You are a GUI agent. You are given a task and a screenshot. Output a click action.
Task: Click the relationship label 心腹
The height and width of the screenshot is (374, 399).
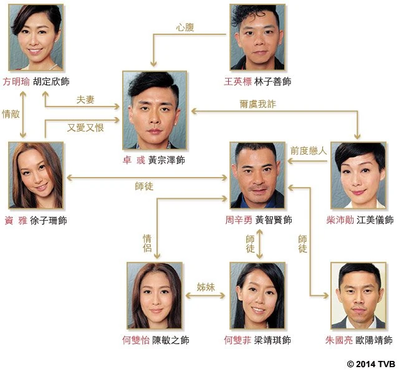pyautogui.click(x=185, y=27)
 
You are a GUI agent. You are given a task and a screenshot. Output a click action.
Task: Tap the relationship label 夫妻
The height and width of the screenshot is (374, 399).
pyautogui.click(x=85, y=100)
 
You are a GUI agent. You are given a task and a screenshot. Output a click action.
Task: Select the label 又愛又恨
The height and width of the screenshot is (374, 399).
pyautogui.click(x=85, y=127)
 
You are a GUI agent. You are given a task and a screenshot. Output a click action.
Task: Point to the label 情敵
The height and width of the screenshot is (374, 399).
pyautogui.click(x=11, y=113)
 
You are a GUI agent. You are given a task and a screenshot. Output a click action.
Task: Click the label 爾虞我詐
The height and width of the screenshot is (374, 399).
pyautogui.click(x=257, y=104)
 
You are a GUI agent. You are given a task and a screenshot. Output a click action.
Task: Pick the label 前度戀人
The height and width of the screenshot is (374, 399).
pyautogui.click(x=309, y=151)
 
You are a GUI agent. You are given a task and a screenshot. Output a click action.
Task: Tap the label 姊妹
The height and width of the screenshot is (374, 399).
pyautogui.click(x=206, y=287)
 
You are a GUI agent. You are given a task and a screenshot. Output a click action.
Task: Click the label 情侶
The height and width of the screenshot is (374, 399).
pyautogui.click(x=147, y=243)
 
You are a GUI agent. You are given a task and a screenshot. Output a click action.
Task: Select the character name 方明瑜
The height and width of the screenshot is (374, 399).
pyautogui.click(x=16, y=82)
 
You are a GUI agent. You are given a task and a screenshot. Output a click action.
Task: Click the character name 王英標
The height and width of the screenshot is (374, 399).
pyautogui.click(x=238, y=82)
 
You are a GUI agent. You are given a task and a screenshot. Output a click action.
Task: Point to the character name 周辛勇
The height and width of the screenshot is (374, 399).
pyautogui.click(x=239, y=220)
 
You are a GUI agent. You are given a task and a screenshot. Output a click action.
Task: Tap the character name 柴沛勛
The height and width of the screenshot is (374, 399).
pyautogui.click(x=340, y=220)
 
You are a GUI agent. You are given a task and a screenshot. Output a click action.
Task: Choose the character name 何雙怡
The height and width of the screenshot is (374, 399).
pyautogui.click(x=136, y=340)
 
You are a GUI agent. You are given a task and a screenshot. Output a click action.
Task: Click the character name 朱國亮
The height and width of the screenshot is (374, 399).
pyautogui.click(x=339, y=340)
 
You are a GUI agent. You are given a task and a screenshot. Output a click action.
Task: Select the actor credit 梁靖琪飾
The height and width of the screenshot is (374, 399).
pyautogui.click(x=272, y=340)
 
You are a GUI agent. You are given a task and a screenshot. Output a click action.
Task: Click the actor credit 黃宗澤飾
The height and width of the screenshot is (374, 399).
pyautogui.click(x=166, y=160)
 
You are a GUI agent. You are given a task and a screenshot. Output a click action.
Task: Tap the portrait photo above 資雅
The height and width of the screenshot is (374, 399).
pyautogui.click(x=36, y=175)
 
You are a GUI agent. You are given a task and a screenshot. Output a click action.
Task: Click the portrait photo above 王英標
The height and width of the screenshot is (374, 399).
pyautogui.click(x=257, y=37)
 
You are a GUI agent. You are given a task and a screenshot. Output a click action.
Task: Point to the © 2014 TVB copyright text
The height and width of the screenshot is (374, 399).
pyautogui.click(x=371, y=364)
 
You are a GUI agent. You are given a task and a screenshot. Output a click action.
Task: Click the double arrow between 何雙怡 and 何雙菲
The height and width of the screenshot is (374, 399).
pyautogui.click(x=205, y=295)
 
